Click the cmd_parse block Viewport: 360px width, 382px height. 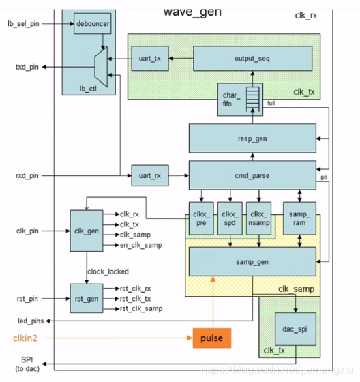tap(252, 175)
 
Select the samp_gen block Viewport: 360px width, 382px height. tap(252, 262)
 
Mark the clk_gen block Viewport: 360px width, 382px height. tap(86, 230)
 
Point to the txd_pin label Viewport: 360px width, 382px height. tap(27, 67)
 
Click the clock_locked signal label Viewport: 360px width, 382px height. tap(108, 271)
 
